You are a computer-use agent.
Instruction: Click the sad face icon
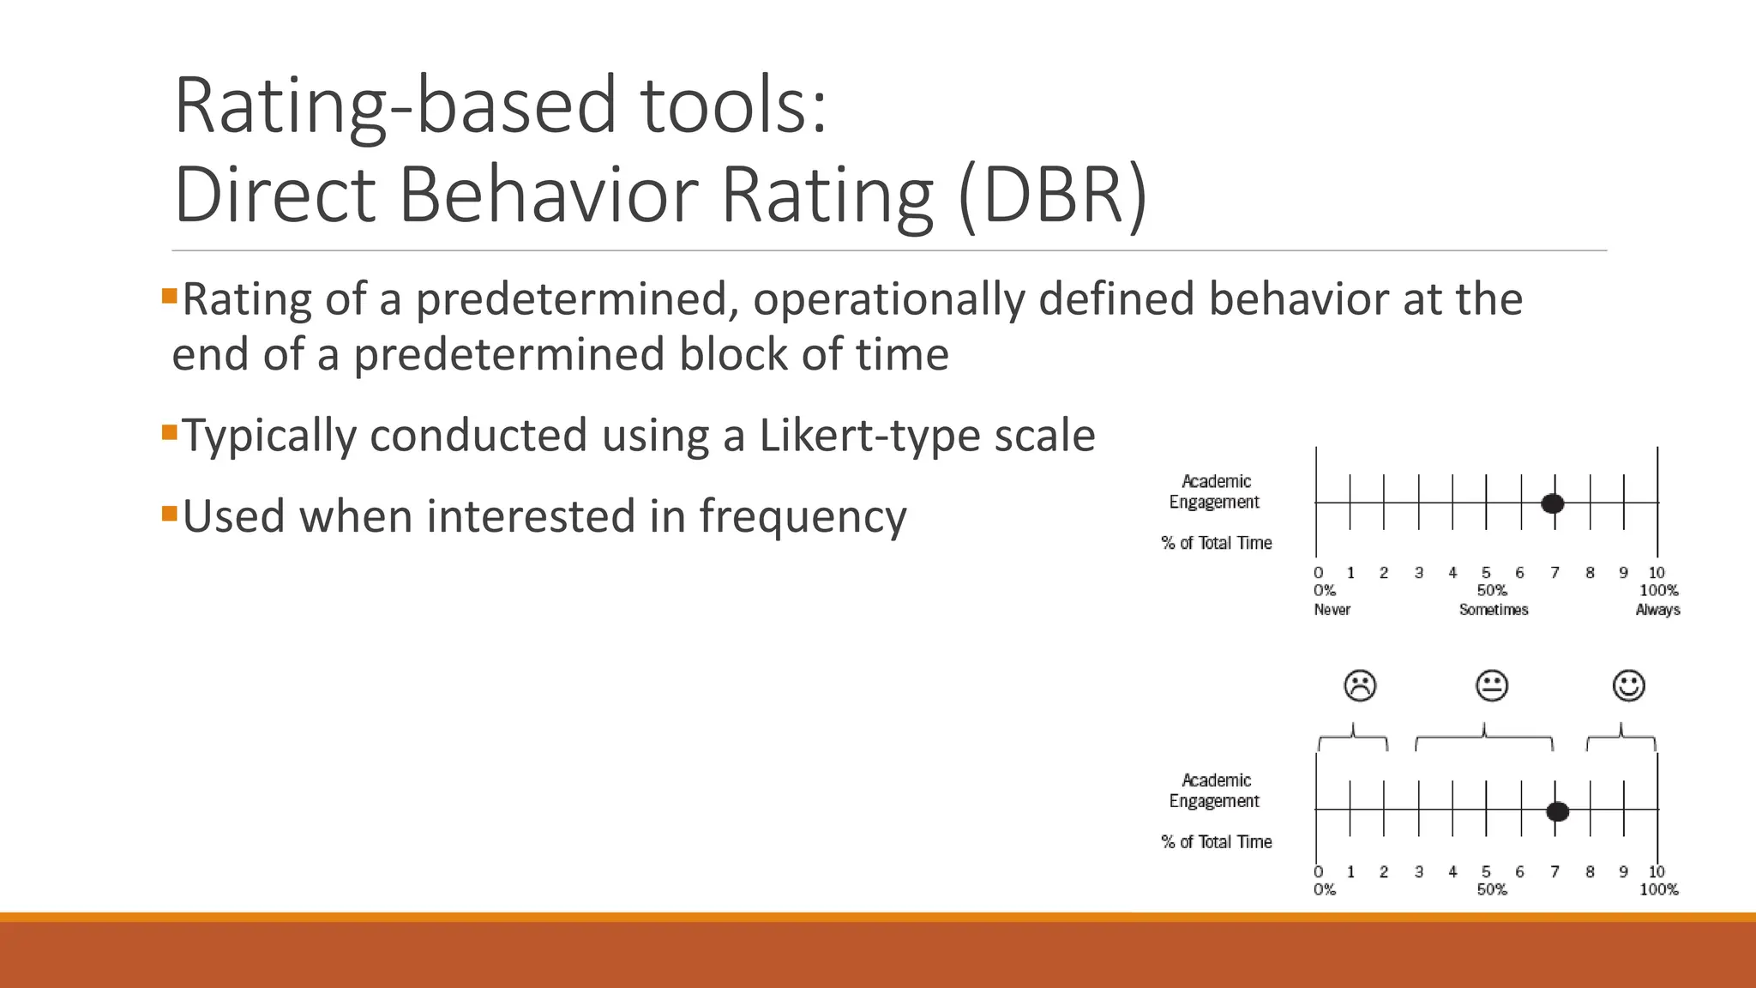[1360, 685]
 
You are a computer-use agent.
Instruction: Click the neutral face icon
[1492, 685]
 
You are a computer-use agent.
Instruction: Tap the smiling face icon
[1628, 685]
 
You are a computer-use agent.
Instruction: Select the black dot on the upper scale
[1552, 503]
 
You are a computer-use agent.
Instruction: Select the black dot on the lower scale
[1558, 811]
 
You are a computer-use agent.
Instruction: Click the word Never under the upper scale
[1332, 610]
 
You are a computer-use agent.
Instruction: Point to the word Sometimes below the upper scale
[1494, 610]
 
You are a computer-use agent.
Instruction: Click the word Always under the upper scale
[1657, 610]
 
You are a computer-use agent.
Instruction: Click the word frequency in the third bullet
[803, 517]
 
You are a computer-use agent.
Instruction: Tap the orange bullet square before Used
[169, 513]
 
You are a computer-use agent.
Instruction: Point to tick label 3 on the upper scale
[1419, 572]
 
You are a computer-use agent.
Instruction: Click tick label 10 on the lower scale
[1657, 871]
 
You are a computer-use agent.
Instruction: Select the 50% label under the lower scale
[1492, 889]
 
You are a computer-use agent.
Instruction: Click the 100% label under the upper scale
[1658, 590]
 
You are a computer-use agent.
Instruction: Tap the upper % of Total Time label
[1216, 543]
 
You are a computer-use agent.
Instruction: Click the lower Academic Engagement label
[1215, 791]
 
